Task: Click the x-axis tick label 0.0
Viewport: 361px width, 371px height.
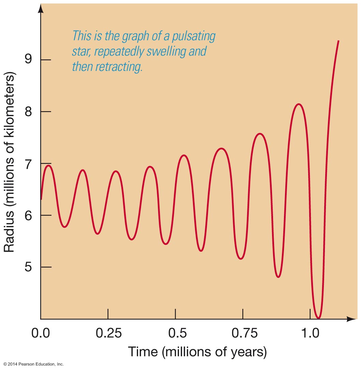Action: pos(41,333)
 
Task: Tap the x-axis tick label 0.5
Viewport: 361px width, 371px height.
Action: pos(175,333)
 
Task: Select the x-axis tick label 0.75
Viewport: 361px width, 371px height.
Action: pos(243,333)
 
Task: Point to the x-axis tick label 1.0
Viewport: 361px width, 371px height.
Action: pos(310,333)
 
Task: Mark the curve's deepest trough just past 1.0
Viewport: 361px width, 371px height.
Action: pos(318,318)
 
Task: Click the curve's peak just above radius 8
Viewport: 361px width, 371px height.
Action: pos(299,104)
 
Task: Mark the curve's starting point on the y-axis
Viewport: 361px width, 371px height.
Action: pos(41,199)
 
